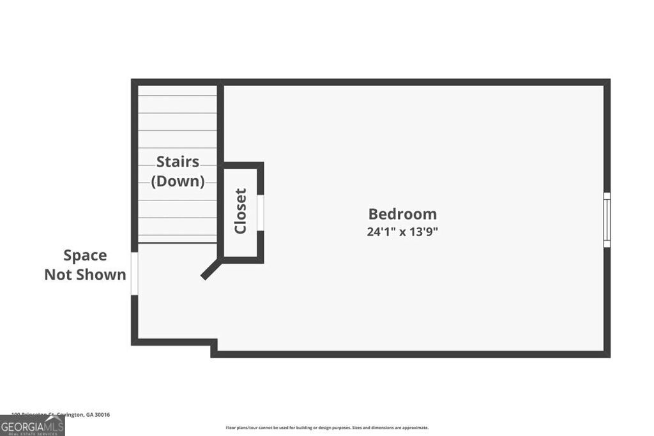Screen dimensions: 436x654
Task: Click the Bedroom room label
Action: (402, 214)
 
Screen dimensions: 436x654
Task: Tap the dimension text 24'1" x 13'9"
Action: (402, 232)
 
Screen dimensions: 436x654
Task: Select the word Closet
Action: (241, 211)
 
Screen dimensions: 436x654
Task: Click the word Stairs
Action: (178, 162)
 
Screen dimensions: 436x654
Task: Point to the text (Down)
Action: (178, 181)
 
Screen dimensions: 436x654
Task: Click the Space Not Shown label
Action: (85, 265)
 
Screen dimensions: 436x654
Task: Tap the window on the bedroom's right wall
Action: (607, 220)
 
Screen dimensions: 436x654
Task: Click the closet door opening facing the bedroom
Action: (261, 211)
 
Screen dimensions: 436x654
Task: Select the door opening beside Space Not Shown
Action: (134, 274)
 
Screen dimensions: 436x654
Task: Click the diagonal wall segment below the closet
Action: (211, 268)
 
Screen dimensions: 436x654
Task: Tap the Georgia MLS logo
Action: (32, 425)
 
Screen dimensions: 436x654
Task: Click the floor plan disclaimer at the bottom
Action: (327, 428)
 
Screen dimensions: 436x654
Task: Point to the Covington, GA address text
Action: (61, 415)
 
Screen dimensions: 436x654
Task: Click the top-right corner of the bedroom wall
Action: (607, 82)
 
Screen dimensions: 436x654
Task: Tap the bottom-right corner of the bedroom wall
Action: (607, 354)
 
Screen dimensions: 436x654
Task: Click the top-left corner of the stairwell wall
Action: (135, 82)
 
